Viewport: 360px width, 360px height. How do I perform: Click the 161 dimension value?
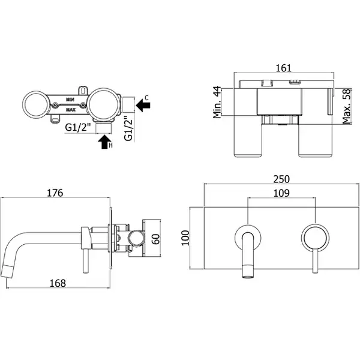[x=283, y=68]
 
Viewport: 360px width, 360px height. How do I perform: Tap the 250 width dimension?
[x=281, y=179]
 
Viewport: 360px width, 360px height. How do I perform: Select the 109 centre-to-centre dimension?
[x=281, y=193]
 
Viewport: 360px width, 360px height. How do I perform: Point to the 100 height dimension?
[x=185, y=238]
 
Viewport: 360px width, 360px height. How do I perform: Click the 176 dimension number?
[x=55, y=193]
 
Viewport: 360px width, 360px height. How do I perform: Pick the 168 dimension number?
[x=58, y=283]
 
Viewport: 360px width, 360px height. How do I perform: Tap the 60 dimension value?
[x=156, y=239]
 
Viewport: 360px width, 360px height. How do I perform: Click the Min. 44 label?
[x=217, y=103]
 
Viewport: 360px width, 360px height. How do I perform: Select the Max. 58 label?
[x=347, y=106]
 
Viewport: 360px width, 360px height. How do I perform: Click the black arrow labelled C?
[x=143, y=106]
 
